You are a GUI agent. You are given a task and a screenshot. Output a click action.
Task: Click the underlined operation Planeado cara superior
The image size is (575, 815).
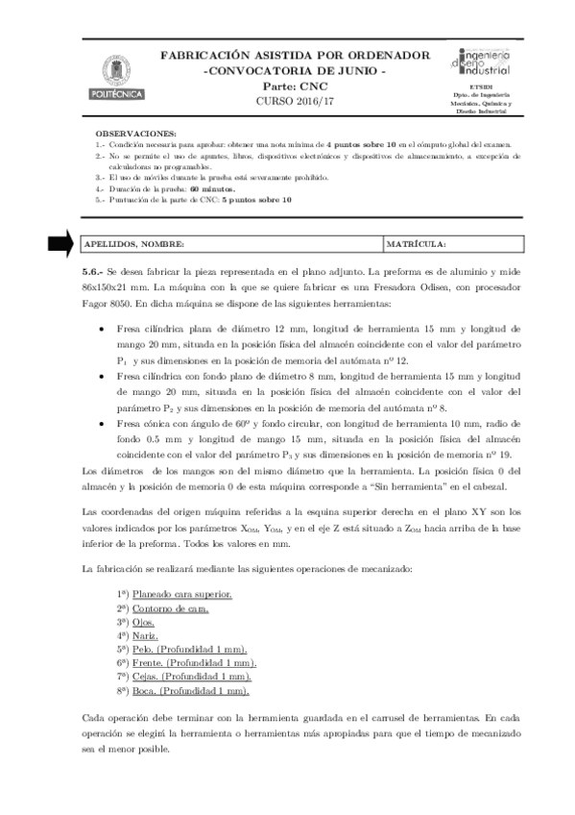181,596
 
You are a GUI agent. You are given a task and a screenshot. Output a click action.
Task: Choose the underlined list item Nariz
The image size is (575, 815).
146,636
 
